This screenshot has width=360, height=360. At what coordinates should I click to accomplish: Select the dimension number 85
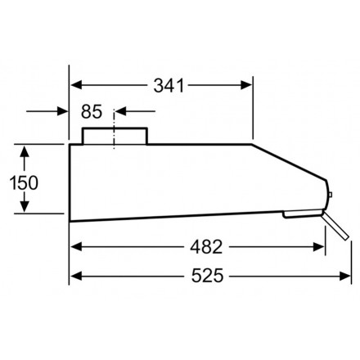click(x=92, y=110)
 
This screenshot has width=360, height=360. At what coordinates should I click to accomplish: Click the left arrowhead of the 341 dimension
click(x=74, y=84)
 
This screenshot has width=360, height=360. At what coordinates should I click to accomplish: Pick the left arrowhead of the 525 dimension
click(x=74, y=277)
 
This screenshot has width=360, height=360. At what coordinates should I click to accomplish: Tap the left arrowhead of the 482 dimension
click(x=74, y=246)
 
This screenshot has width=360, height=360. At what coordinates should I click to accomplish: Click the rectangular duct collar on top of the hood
click(x=115, y=136)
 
